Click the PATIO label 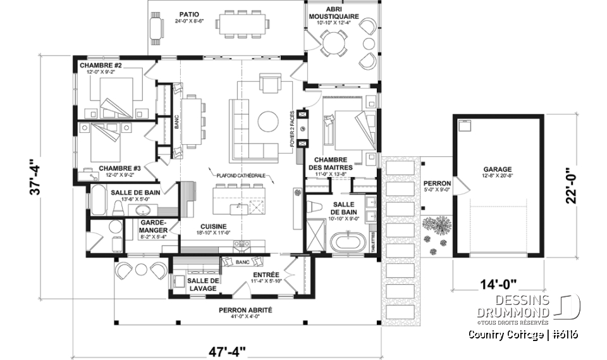pyautogui.click(x=185, y=13)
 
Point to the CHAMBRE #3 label pyautogui.click(x=120, y=168)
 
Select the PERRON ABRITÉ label pyautogui.click(x=246, y=309)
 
